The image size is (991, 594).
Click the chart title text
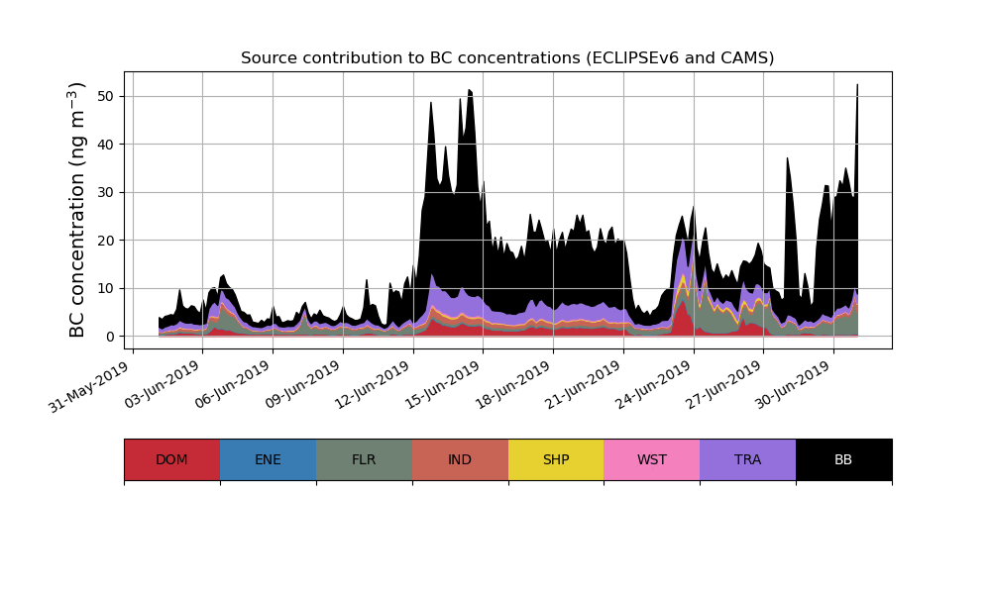point(507,58)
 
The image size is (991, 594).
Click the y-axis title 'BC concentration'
point(78,210)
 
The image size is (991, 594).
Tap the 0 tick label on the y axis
point(109,337)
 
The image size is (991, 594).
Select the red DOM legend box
point(171,459)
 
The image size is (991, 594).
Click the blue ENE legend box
point(268,459)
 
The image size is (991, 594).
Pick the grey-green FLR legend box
point(364,459)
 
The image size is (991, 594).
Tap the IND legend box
point(460,459)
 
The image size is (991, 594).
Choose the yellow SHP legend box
point(556,459)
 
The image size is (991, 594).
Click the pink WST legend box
point(652,459)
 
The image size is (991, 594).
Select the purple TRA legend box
point(748,459)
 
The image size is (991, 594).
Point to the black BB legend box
point(843,459)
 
